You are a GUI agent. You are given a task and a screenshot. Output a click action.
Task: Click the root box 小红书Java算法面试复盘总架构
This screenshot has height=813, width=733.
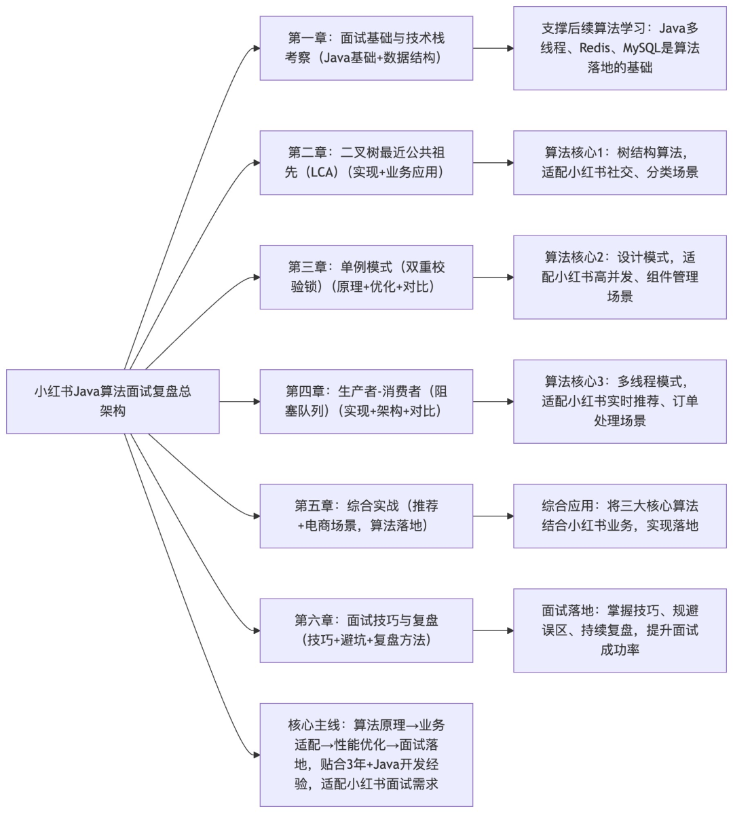pyautogui.click(x=113, y=401)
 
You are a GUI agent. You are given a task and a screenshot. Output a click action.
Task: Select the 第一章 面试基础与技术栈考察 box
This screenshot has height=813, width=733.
pyautogui.click(x=366, y=48)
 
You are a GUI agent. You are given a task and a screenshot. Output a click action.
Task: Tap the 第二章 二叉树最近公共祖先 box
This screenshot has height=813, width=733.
pyautogui.click(x=366, y=163)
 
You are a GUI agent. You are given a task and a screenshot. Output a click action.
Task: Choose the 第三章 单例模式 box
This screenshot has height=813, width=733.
pyautogui.click(x=366, y=277)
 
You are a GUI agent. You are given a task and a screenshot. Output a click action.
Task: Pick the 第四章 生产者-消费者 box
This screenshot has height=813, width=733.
pyautogui.click(x=366, y=401)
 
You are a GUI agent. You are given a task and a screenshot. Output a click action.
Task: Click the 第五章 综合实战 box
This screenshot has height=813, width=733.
pyautogui.click(x=366, y=516)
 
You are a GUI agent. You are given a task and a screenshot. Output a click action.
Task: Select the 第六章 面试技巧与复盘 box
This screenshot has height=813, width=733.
pyautogui.click(x=366, y=630)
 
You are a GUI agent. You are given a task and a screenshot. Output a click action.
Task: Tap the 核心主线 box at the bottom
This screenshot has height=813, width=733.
pyautogui.click(x=366, y=755)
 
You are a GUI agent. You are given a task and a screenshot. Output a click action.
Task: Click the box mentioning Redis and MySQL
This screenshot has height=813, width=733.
pyautogui.click(x=620, y=48)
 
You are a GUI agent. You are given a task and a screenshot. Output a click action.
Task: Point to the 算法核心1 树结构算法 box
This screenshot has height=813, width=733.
pyautogui.click(x=620, y=163)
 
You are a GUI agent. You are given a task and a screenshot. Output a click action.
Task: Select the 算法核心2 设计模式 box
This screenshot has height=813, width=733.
pyautogui.click(x=620, y=277)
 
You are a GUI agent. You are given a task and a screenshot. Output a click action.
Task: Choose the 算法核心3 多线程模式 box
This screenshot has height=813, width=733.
pyautogui.click(x=620, y=401)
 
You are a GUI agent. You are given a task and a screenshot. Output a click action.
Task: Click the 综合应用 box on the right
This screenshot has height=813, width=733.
pyautogui.click(x=620, y=516)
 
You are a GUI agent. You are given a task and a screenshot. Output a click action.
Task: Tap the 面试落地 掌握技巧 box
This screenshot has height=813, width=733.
pyautogui.click(x=620, y=630)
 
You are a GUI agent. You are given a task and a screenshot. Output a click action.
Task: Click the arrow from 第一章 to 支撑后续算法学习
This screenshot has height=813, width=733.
pyautogui.click(x=493, y=48)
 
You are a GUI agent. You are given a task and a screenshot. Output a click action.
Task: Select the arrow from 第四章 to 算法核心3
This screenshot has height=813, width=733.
pyautogui.click(x=493, y=401)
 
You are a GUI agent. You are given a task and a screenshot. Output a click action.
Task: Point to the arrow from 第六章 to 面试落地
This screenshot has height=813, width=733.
pyautogui.click(x=493, y=630)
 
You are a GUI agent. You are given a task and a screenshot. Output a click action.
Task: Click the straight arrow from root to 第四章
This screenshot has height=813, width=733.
pyautogui.click(x=239, y=401)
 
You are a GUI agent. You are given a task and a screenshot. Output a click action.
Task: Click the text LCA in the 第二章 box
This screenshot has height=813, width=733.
pyautogui.click(x=322, y=172)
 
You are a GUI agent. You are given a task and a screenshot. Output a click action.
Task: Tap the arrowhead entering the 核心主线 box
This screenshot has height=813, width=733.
pyautogui.click(x=256, y=755)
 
